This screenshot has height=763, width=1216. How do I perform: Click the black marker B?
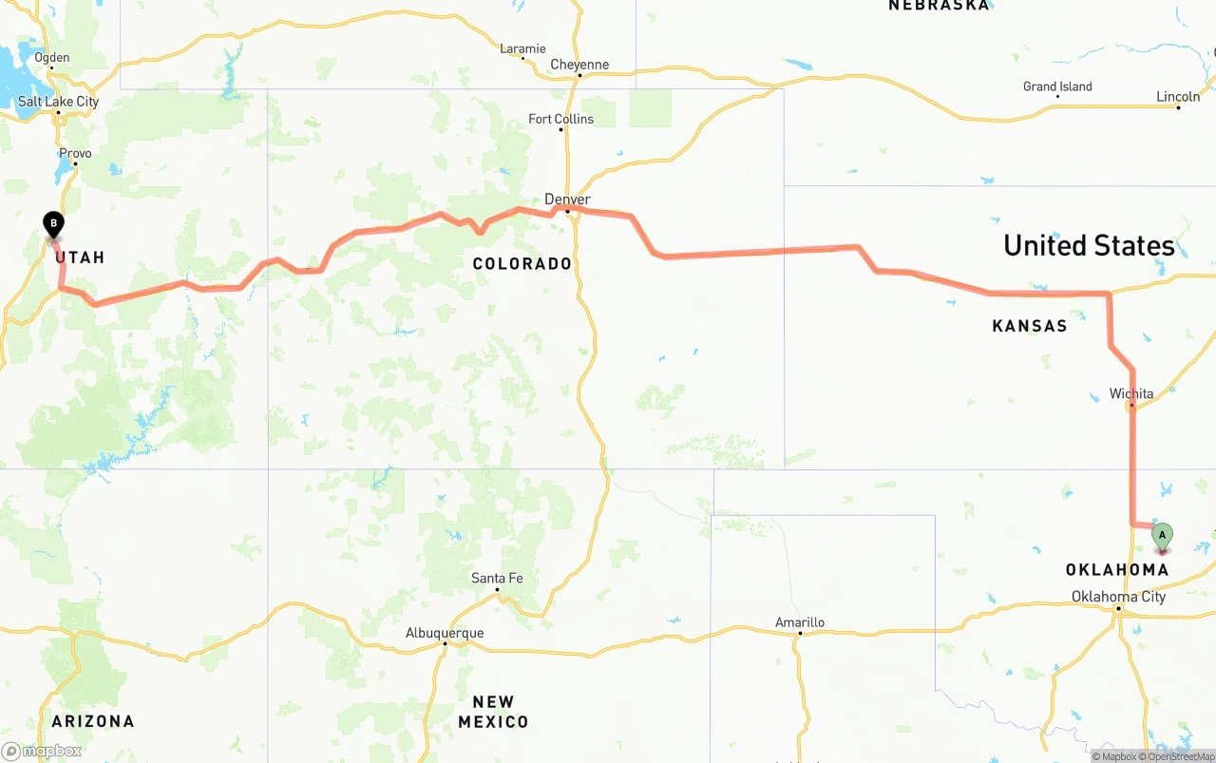54,225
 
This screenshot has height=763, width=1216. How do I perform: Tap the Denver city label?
567,200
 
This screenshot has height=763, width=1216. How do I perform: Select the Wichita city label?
1131,393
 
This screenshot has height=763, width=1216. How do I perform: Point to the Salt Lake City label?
58,102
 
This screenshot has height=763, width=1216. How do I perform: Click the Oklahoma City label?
1118,597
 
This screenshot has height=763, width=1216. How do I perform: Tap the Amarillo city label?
799,622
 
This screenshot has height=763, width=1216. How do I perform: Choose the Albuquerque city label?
445,633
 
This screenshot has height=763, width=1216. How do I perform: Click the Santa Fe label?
497,578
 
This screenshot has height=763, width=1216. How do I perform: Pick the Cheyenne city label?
579,65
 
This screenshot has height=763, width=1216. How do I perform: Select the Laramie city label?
522,48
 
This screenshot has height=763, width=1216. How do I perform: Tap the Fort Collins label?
561,119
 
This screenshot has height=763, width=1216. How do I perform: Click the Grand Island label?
1057,86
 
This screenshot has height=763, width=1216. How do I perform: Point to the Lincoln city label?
1178,97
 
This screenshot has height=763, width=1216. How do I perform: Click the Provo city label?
75,153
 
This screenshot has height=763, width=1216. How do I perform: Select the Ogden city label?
52,57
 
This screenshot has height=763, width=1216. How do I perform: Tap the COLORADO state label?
522,263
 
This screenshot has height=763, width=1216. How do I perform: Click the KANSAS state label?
1030,326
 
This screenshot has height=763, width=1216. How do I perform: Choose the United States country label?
1089,245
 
